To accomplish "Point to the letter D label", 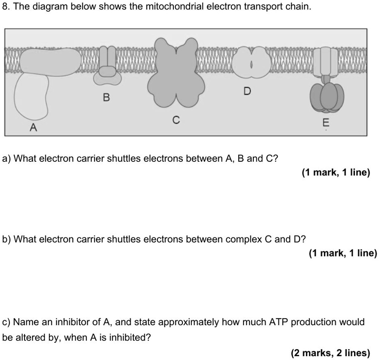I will pyautogui.click(x=247, y=91).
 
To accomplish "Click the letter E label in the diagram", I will pyautogui.click(x=325, y=123).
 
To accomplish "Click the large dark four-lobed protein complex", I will pyautogui.click(x=174, y=73).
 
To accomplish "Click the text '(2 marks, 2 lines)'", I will pyautogui.click(x=330, y=353).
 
